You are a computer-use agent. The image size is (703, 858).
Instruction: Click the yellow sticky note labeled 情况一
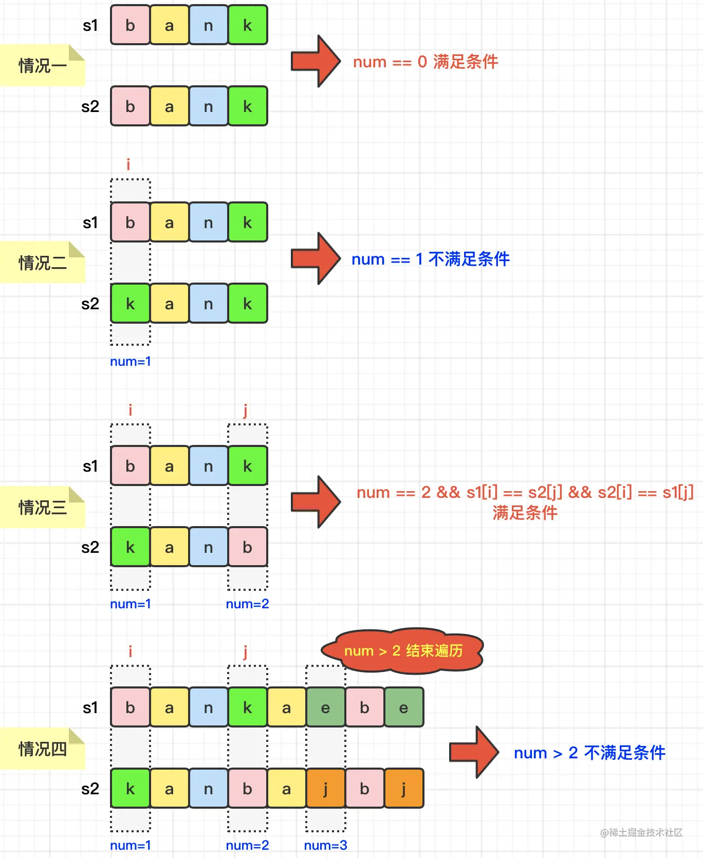pos(42,66)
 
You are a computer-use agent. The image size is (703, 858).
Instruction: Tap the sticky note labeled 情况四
pos(42,749)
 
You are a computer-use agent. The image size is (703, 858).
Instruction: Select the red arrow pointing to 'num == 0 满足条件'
pos(315,61)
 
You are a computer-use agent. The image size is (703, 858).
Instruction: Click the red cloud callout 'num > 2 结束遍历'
pos(403,650)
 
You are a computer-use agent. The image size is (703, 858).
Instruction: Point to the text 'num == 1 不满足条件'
pos(430,259)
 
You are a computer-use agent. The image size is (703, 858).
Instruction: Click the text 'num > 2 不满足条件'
pos(589,753)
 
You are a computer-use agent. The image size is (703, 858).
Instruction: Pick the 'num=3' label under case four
pos(325,845)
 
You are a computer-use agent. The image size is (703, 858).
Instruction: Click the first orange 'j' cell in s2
pos(325,789)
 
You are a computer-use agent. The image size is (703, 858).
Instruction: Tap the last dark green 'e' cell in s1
pos(403,707)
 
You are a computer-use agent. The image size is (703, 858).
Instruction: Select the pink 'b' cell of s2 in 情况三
pos(247,547)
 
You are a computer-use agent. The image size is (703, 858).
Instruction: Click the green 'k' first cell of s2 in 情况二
pos(131,304)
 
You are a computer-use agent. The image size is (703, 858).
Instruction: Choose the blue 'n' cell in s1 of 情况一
pos(208,25)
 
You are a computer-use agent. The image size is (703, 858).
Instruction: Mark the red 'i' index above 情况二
pos(128,164)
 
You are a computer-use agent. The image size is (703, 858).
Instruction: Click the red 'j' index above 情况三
pos(246,410)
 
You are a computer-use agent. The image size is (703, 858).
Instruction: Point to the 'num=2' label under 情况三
pos(247,604)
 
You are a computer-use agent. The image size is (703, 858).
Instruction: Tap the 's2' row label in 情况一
pos(90,106)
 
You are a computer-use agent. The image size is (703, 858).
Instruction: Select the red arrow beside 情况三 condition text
pos(315,502)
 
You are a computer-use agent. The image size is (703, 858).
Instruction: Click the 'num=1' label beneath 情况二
pos(131,361)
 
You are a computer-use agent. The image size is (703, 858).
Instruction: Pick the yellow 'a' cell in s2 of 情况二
pos(169,304)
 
